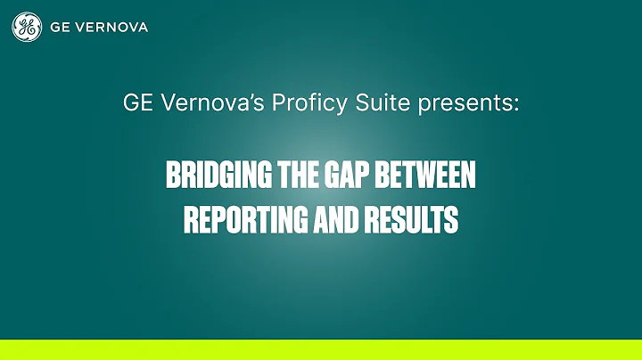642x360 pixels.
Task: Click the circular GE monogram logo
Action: click(x=27, y=27)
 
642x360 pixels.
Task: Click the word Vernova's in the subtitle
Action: click(x=198, y=103)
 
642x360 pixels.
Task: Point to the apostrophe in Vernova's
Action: click(x=227, y=97)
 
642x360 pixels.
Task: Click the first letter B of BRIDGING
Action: click(x=172, y=176)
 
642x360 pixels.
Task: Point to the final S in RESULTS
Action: click(x=453, y=219)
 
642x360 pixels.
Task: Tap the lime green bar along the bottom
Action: click(x=321, y=349)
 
